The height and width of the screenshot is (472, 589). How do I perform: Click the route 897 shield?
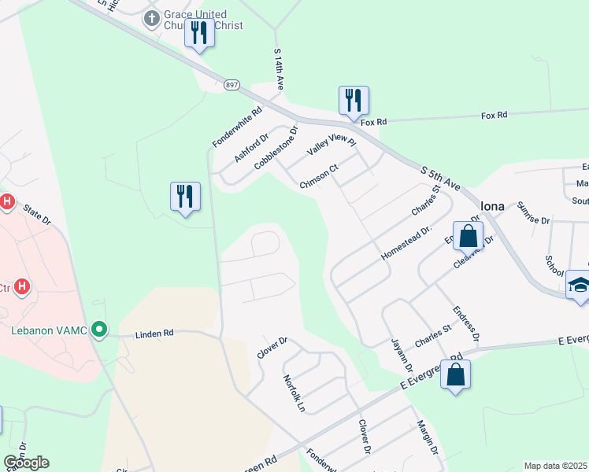pos(231,84)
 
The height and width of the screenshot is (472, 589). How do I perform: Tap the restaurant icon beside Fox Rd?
pos(354,100)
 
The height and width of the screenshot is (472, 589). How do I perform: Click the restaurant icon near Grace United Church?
pos(199,33)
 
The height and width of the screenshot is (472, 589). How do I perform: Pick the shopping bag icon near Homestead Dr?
pos(468,235)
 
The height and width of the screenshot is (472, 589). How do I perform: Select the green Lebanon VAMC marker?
pos(98,329)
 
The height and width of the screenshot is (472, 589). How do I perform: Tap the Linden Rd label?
pos(154,334)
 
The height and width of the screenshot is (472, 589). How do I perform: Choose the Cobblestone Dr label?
pos(276,148)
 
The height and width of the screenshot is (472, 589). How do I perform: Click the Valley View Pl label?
pos(332,142)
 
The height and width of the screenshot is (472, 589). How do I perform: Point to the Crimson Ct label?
pos(319,176)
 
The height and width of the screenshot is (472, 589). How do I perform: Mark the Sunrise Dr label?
pos(533,212)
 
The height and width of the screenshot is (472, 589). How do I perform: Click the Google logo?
pos(26,463)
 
